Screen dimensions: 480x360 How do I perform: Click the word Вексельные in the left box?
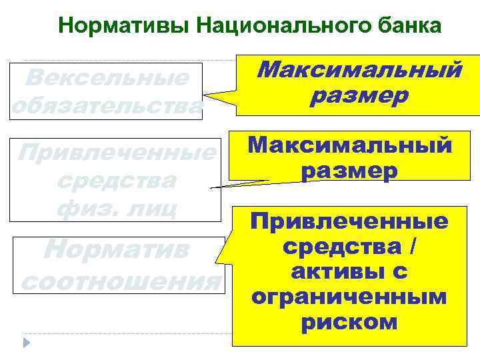coord(107,79)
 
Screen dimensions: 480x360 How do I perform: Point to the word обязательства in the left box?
coord(107,105)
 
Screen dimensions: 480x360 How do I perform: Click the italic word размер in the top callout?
coord(359,96)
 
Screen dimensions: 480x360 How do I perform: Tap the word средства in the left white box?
coord(117,181)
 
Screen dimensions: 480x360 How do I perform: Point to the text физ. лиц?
coord(117,207)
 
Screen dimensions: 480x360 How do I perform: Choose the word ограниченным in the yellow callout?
coord(349,297)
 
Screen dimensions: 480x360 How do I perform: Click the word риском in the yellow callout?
coord(349,323)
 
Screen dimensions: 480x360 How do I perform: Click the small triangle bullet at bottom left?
coord(27,343)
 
